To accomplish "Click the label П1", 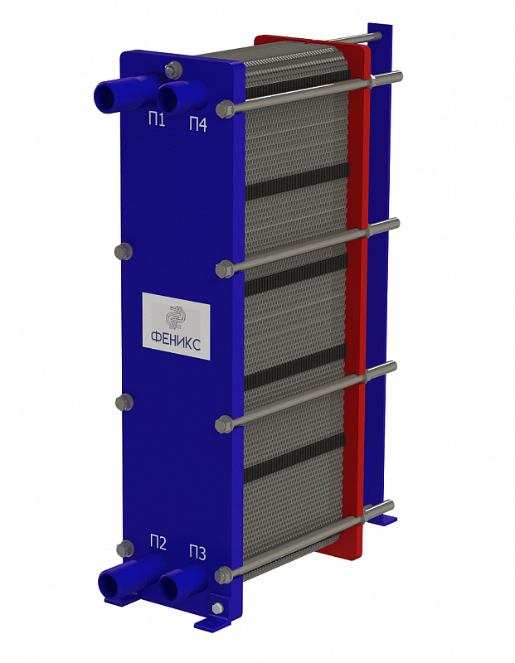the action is pyautogui.click(x=156, y=120).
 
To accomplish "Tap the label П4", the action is pyautogui.click(x=198, y=124).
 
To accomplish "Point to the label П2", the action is pyautogui.click(x=158, y=543).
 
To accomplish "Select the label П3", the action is pyautogui.click(x=197, y=553).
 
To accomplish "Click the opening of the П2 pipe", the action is pyautogui.click(x=109, y=583).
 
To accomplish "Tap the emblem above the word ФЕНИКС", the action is pyautogui.click(x=175, y=317).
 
